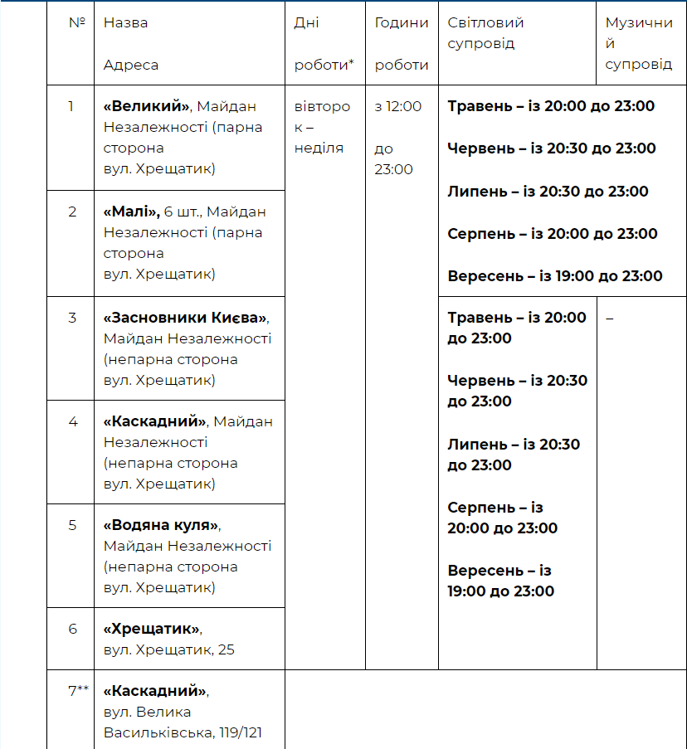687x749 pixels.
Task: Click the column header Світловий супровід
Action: click(x=486, y=33)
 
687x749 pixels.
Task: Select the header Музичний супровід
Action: click(x=638, y=43)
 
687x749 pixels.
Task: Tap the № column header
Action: click(x=77, y=23)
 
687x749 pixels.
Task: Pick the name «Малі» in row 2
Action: click(x=131, y=212)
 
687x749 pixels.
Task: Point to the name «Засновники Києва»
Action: click(x=186, y=318)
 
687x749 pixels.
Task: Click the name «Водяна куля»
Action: click(x=162, y=525)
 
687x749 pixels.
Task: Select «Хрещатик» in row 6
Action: click(x=152, y=629)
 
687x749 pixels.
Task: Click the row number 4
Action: click(x=73, y=421)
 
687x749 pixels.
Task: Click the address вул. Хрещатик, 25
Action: click(x=168, y=649)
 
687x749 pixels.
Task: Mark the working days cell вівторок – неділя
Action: click(x=322, y=127)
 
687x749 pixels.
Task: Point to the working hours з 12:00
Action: click(x=398, y=106)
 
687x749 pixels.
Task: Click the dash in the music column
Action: click(x=610, y=319)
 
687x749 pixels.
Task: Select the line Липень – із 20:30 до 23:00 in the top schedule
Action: click(x=548, y=192)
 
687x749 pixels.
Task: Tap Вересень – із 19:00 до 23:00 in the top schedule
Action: click(x=555, y=276)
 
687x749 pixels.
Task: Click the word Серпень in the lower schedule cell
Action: click(x=481, y=507)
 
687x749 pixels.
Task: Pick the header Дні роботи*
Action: click(x=324, y=44)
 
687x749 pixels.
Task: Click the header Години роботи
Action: click(x=402, y=44)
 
